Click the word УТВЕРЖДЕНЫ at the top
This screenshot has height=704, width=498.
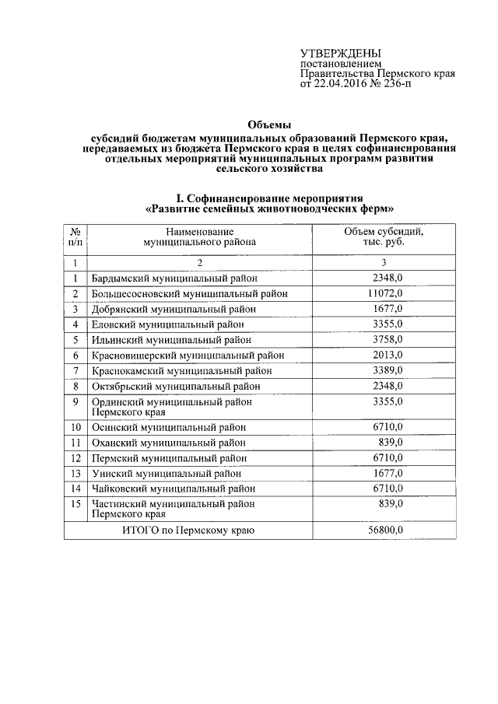click(x=337, y=53)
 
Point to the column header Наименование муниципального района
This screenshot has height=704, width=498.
click(x=199, y=237)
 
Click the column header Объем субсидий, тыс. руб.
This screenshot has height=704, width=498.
click(x=383, y=237)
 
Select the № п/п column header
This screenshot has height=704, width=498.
click(x=76, y=237)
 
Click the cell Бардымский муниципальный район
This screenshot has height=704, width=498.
click(x=174, y=278)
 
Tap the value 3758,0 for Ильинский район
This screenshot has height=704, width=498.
click(x=384, y=339)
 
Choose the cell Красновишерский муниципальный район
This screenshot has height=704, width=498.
click(x=188, y=355)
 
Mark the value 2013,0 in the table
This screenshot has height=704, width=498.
click(x=384, y=355)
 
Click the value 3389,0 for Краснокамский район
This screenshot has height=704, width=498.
click(x=384, y=370)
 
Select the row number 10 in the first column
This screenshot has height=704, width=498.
click(x=76, y=427)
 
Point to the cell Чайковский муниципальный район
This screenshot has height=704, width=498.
click(x=174, y=489)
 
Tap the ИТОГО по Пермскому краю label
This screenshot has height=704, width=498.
click(x=189, y=530)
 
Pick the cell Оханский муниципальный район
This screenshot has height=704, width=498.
click(x=169, y=443)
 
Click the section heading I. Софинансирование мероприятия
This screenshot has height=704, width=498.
click(x=270, y=198)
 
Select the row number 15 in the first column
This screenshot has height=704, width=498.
click(x=76, y=504)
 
